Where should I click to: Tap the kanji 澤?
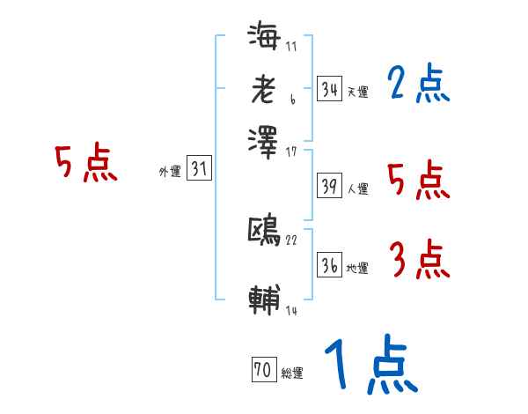[264, 140]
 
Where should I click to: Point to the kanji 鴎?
[264, 231]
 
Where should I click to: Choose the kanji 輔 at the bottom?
[264, 299]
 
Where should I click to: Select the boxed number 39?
[330, 186]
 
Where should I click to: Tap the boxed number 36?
[330, 265]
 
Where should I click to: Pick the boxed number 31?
[200, 169]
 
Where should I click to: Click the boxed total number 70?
[262, 370]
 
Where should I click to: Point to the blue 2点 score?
[418, 85]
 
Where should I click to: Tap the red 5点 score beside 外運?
[86, 165]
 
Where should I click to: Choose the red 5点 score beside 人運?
[419, 181]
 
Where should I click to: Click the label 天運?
[358, 92]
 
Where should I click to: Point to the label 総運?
[292, 373]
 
